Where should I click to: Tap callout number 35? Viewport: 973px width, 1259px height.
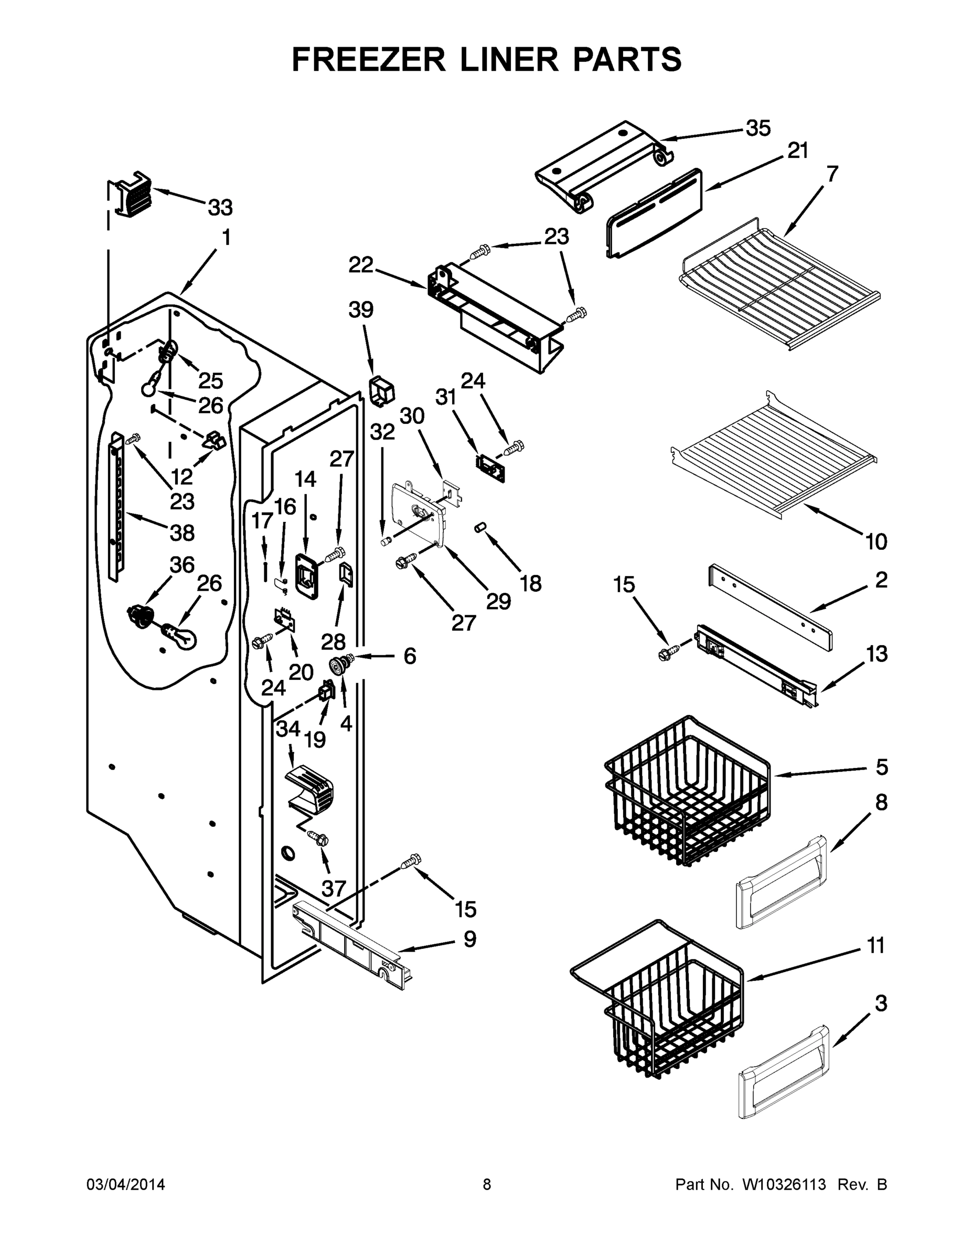coord(758,129)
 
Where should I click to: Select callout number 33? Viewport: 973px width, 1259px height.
coord(220,208)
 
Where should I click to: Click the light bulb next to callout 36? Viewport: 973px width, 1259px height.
coord(181,637)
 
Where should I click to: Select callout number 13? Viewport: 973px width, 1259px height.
coord(876,654)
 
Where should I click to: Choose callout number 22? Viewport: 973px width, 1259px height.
coord(361,265)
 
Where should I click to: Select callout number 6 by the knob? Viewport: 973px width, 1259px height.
coord(409,656)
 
